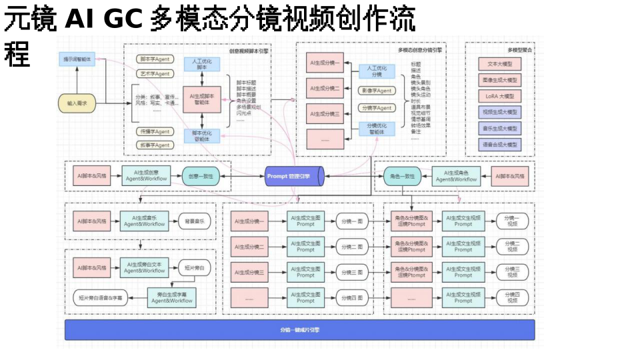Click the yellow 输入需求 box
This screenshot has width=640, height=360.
point(77,103)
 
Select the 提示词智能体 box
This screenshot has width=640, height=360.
point(77,59)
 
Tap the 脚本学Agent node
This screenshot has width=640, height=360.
point(154,59)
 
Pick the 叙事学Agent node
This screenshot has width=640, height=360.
point(154,145)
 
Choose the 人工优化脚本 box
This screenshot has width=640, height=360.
point(202,64)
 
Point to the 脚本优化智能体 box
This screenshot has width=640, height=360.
point(202,135)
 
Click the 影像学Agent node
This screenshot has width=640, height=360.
point(376,90)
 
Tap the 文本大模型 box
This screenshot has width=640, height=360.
point(499,64)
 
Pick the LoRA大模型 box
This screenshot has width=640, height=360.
point(499,96)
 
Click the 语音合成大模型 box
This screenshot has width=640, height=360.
point(499,144)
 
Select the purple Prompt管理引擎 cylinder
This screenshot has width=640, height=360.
point(294,176)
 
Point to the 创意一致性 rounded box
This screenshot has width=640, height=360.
point(201,176)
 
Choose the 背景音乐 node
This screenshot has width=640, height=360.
point(194,220)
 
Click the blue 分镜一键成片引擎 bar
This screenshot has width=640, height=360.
point(299,330)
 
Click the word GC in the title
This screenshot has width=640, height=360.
point(123,19)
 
